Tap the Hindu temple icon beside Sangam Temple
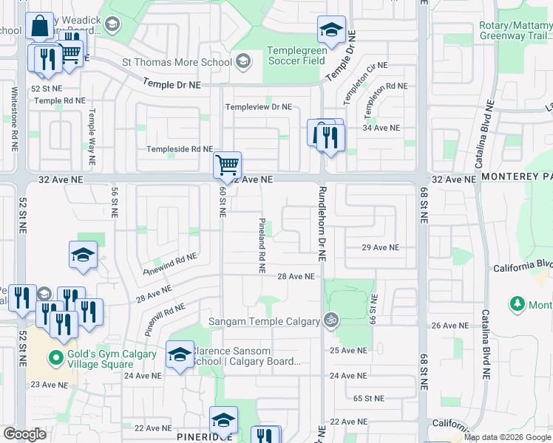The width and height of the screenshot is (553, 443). coord(330,320)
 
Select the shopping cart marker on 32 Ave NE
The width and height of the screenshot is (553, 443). coord(227,165)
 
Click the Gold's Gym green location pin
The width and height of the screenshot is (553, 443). coord(54,360)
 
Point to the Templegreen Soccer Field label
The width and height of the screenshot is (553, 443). coord(296,55)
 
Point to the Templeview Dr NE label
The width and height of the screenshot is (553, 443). coord(259,107)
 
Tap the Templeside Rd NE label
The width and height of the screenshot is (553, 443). coord(180,149)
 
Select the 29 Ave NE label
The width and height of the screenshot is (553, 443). coord(380,247)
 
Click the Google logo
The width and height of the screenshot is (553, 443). coord(25,434)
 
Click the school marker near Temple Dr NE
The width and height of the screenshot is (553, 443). coord(331,30)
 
